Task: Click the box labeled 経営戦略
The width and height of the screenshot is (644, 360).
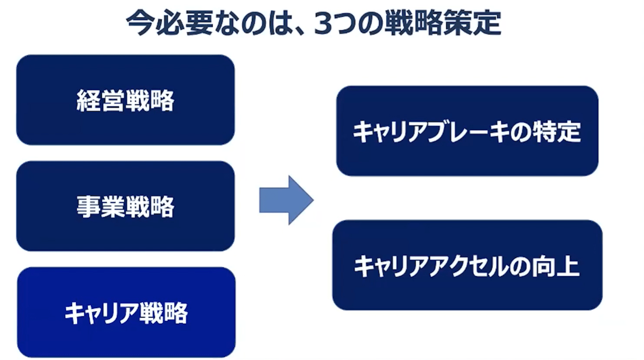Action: (x=125, y=100)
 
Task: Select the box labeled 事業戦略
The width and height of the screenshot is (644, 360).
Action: (x=125, y=206)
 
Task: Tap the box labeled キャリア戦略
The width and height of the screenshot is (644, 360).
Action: (x=126, y=312)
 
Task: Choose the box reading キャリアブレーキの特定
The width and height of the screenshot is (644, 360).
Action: (x=467, y=131)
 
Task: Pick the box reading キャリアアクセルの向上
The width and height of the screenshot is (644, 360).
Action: (x=467, y=265)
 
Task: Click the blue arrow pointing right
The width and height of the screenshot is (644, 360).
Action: (x=286, y=200)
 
